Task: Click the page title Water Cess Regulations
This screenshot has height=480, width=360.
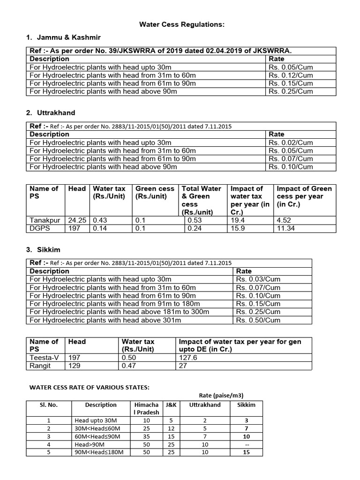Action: [x=180, y=24]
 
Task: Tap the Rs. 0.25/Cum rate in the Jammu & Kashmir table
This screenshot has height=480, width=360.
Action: [x=291, y=91]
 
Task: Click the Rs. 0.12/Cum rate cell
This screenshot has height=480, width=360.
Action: [x=291, y=75]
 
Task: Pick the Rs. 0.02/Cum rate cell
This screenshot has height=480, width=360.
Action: [x=291, y=142]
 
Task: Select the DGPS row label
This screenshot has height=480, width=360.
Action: [x=39, y=228]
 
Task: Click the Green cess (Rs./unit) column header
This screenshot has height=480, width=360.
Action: [x=155, y=192]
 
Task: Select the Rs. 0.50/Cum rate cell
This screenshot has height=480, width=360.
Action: [x=258, y=320]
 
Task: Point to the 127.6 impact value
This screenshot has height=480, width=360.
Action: [x=188, y=357]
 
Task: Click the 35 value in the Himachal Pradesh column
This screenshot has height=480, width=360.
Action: [x=146, y=436]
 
